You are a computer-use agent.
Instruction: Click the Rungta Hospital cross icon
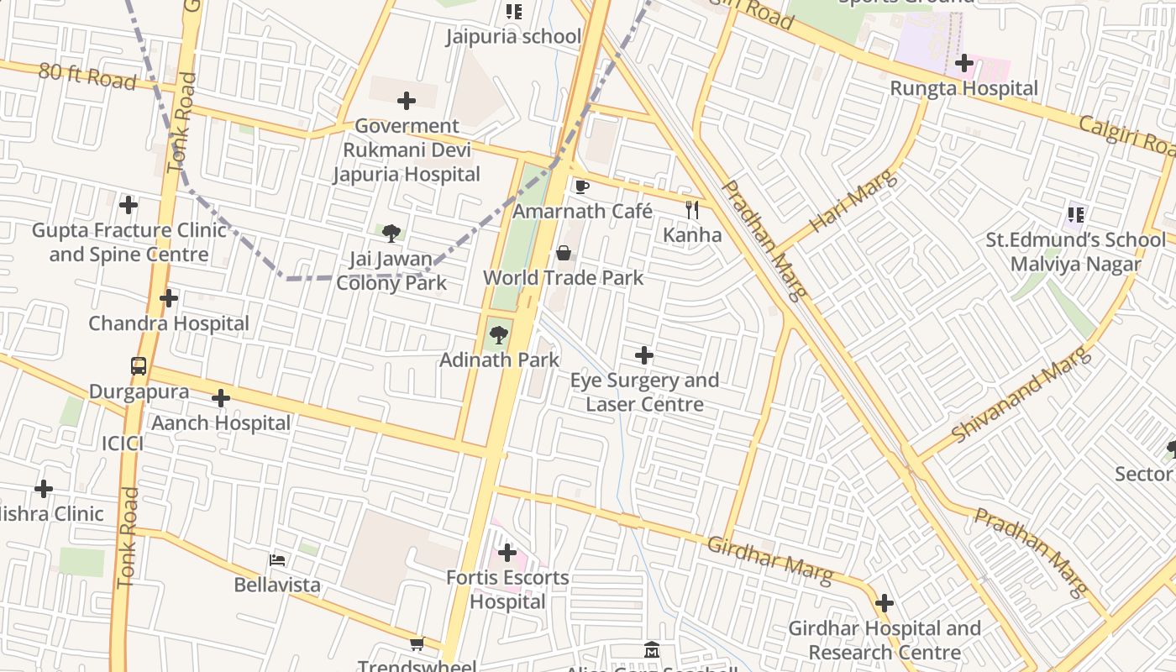[x=964, y=63]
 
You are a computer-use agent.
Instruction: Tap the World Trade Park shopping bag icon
[x=564, y=253]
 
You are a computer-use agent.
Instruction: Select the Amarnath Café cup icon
[x=581, y=186]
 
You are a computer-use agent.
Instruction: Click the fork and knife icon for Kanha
[x=692, y=210]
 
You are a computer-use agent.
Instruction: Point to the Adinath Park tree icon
[x=499, y=335]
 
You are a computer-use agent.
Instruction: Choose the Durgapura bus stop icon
[x=139, y=366]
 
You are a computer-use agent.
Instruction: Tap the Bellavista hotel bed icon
[x=277, y=560]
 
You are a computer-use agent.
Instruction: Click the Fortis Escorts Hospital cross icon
[x=507, y=553]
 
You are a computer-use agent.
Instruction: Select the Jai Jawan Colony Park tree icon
[x=391, y=234]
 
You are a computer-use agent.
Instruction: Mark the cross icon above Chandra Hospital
[x=169, y=298]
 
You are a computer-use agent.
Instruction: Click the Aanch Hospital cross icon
[x=221, y=398]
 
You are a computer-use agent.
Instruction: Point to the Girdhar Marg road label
[x=769, y=560]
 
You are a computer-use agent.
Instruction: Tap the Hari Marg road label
[x=853, y=201]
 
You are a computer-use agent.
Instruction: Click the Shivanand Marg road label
[x=1021, y=394]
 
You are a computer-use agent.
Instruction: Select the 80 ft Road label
[x=87, y=76]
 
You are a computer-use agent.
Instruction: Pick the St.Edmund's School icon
[x=1076, y=215]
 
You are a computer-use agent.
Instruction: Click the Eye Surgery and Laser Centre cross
[x=644, y=356]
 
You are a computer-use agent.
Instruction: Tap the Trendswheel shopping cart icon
[x=417, y=644]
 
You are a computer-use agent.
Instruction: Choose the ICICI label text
[x=123, y=444]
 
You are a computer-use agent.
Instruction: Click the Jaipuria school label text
[x=512, y=37]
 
